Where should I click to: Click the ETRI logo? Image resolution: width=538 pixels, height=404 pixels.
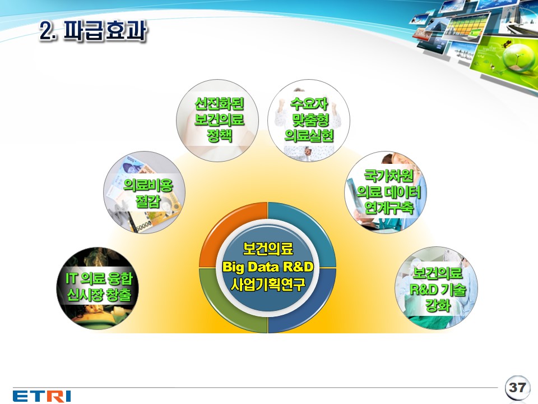[41, 396]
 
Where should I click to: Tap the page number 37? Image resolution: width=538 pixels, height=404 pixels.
[517, 387]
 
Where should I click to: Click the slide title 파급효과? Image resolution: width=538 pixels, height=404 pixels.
[105, 30]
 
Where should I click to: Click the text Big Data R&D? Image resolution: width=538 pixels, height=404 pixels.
[268, 267]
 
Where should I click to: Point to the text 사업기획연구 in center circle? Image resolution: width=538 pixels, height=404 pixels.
[268, 284]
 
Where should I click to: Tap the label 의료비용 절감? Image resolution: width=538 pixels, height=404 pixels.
[148, 193]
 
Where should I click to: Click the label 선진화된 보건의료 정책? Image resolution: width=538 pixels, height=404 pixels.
[219, 119]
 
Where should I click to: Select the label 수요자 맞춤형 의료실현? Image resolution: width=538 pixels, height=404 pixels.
[309, 119]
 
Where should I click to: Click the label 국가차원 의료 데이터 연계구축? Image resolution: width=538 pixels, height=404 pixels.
[388, 192]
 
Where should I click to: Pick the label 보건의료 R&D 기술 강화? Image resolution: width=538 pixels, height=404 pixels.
[438, 290]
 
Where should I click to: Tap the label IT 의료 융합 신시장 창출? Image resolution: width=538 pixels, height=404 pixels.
[99, 287]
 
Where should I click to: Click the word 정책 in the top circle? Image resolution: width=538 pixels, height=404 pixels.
[219, 135]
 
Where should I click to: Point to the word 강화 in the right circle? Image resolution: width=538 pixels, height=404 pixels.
[438, 305]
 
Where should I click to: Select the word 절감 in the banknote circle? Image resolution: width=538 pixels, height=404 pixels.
[148, 201]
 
